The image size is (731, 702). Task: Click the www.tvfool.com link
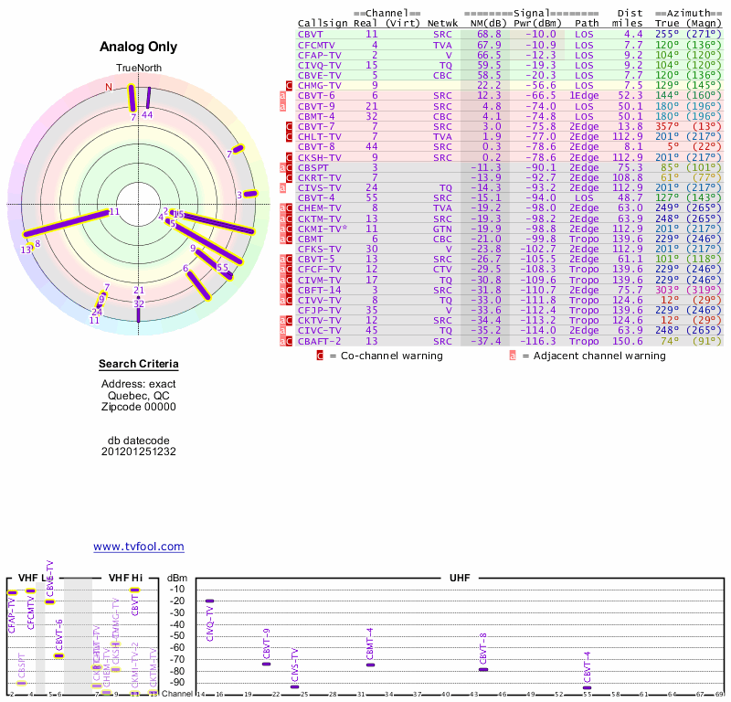(x=139, y=547)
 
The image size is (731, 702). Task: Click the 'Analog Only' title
(x=138, y=48)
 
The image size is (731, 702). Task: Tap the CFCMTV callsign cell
(x=317, y=45)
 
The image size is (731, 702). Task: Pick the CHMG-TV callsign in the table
(x=320, y=85)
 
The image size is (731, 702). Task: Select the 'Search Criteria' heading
(x=139, y=365)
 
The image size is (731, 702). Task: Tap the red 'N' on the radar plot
(x=109, y=88)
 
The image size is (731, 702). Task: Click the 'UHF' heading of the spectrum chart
(x=460, y=579)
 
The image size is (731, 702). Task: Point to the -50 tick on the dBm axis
(x=177, y=635)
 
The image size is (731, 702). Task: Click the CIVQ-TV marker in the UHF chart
(x=209, y=601)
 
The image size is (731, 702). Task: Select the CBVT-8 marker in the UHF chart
(x=482, y=670)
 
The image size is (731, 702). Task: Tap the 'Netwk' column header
(x=442, y=22)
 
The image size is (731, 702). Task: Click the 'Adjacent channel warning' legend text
(x=594, y=356)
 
